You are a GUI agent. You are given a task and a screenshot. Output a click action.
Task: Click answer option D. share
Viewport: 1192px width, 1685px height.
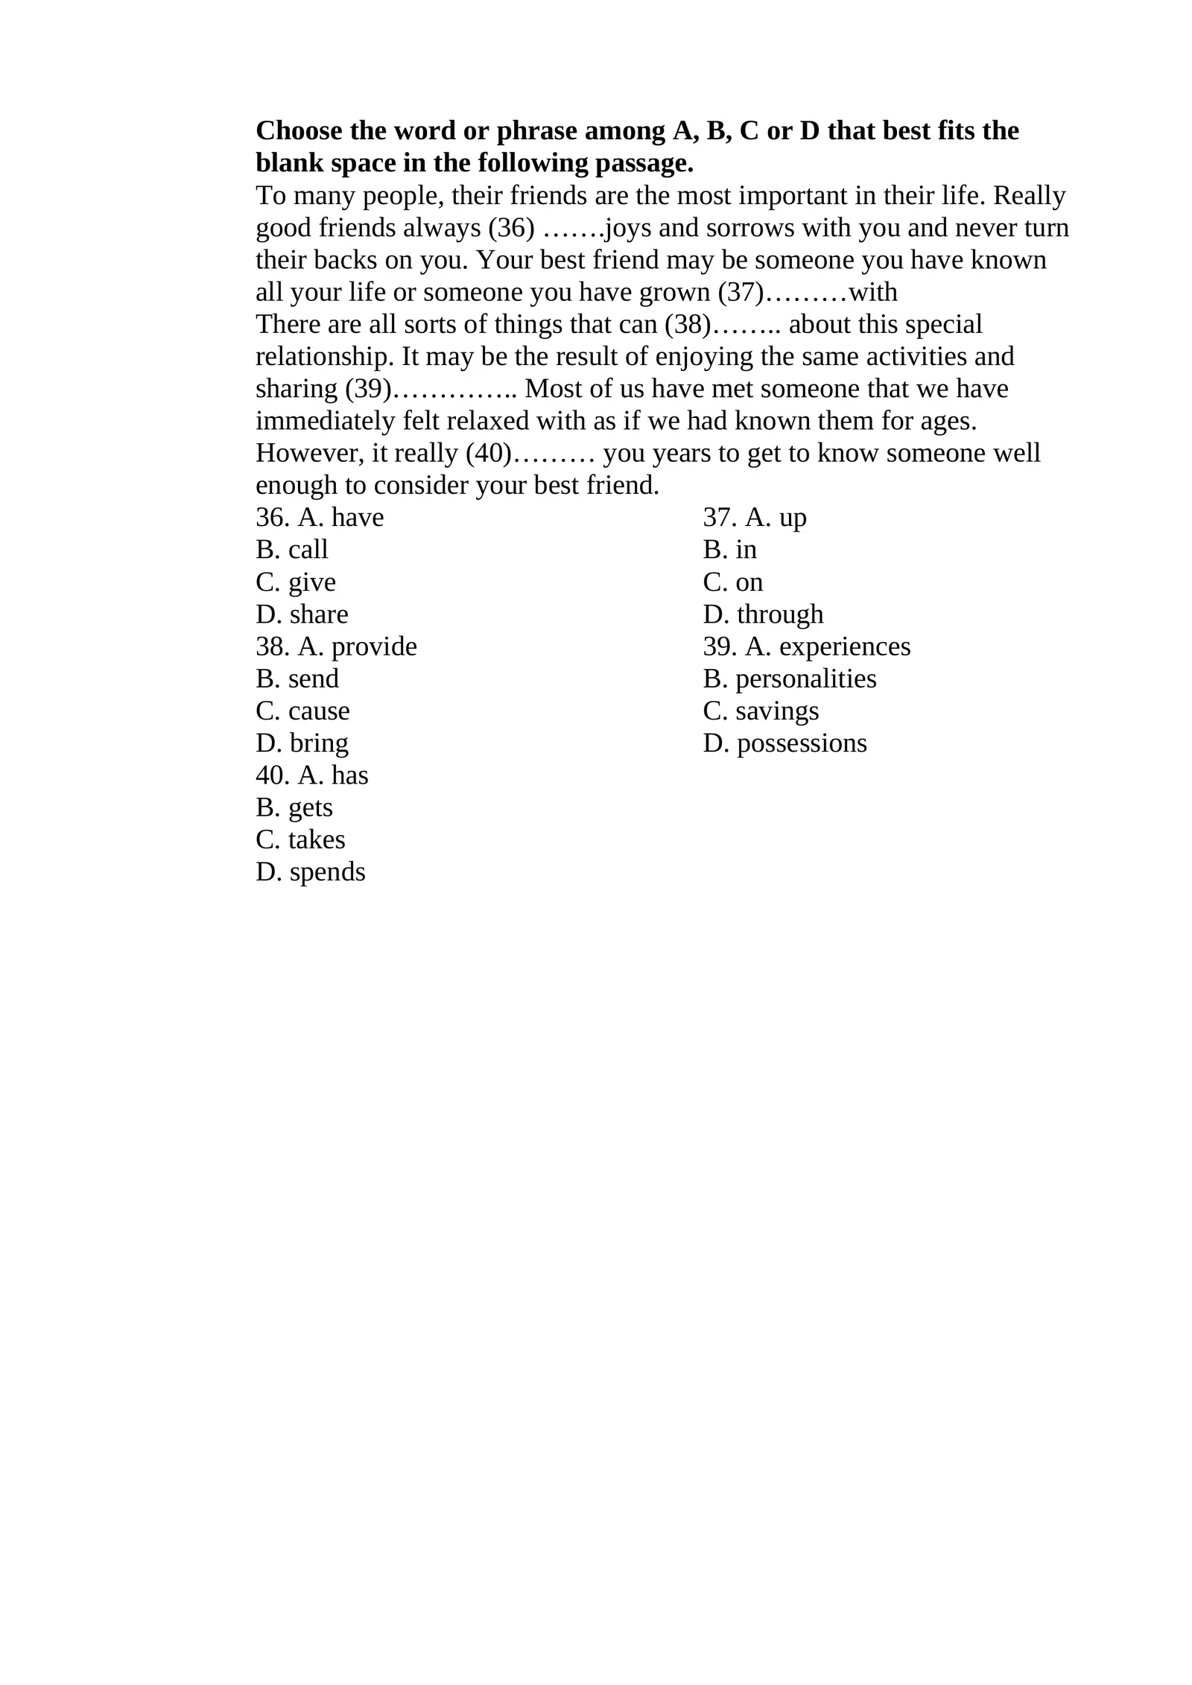click(302, 615)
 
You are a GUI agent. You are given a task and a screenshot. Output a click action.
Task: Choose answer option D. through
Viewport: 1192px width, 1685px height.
click(763, 615)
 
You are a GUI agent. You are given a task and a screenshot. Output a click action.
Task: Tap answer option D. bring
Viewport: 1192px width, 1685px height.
click(302, 743)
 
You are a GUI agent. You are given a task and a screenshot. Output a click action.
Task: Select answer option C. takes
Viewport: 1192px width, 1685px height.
click(300, 840)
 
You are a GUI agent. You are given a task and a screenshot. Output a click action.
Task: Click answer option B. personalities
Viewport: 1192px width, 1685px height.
click(790, 679)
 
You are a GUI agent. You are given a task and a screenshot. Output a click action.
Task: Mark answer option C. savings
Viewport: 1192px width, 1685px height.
click(761, 711)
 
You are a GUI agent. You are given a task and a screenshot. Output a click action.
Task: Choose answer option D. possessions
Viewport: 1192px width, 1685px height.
click(784, 743)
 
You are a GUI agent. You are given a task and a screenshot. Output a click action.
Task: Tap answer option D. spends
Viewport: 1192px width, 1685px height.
click(311, 872)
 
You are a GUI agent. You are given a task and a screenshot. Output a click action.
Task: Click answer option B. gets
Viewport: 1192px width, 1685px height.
click(294, 808)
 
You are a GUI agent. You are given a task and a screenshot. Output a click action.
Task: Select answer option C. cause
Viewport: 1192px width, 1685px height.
click(302, 711)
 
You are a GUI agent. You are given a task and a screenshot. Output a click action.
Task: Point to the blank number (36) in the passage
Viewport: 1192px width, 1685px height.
click(511, 228)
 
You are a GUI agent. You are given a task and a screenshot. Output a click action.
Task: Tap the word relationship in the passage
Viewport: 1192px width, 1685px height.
click(324, 357)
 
